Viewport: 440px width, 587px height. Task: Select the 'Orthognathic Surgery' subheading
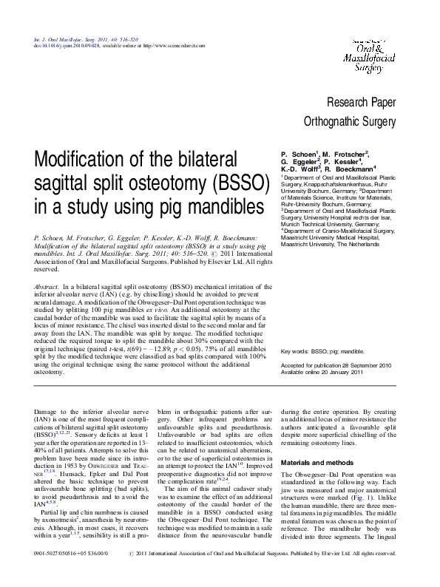point(350,122)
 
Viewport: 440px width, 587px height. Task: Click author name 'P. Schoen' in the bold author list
point(293,153)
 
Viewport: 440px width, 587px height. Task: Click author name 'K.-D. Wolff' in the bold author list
point(298,169)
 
